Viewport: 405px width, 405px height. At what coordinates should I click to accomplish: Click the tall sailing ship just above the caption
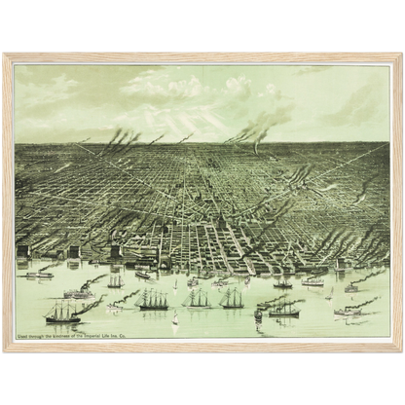click(x=63, y=312)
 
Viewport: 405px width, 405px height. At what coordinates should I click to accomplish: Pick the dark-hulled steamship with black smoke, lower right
click(x=282, y=311)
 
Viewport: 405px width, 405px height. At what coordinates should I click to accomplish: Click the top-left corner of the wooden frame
click(x=5, y=55)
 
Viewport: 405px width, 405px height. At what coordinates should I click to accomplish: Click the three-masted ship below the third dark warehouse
click(x=116, y=281)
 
